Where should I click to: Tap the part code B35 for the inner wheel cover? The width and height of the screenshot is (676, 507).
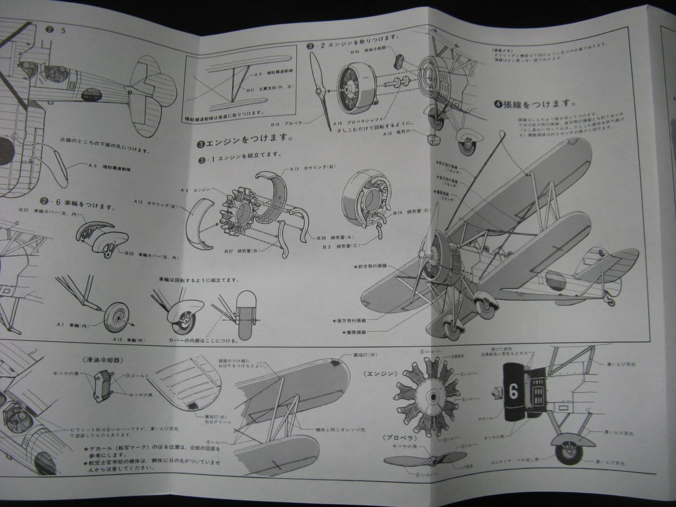tap(24, 210)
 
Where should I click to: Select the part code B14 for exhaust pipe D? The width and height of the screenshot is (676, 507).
tap(398, 212)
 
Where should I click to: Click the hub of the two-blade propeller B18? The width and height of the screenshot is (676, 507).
tap(320, 90)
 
